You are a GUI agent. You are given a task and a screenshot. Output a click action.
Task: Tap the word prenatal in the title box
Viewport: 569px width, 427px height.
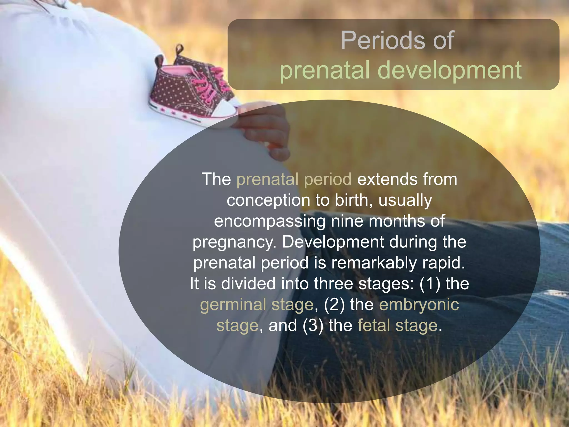tap(325, 71)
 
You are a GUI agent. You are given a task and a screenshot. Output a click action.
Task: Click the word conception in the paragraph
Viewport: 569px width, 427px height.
tap(268, 200)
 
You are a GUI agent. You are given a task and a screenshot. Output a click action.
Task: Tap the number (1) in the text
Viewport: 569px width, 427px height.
tap(430, 284)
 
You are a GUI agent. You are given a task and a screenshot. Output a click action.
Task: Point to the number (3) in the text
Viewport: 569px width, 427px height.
tap(313, 325)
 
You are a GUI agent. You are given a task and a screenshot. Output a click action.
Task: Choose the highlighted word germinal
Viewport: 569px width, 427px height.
tap(233, 305)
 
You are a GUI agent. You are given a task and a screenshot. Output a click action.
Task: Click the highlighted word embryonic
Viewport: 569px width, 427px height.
tap(419, 305)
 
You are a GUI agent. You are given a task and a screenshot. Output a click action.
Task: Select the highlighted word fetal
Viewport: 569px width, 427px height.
tap(374, 325)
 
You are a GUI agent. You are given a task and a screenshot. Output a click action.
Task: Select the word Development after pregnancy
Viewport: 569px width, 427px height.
tap(333, 242)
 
